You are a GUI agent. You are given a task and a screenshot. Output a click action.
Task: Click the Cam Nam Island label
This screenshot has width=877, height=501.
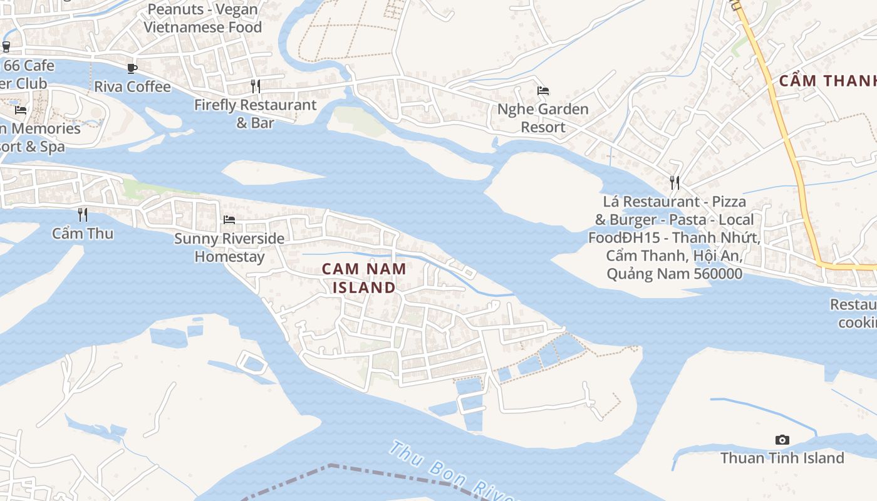click(364, 278)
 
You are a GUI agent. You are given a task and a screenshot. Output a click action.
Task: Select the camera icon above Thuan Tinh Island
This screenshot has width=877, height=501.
click(782, 440)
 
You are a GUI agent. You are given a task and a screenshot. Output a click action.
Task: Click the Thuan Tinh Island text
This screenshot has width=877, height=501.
click(782, 458)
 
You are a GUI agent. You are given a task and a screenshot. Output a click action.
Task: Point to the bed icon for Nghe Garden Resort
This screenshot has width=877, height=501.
click(543, 91)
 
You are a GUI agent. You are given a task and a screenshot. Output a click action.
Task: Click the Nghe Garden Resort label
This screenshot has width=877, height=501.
click(543, 118)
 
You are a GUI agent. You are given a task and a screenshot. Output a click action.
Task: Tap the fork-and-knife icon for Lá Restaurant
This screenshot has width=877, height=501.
click(675, 183)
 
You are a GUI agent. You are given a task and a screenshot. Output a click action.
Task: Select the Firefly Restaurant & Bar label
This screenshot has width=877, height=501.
click(255, 113)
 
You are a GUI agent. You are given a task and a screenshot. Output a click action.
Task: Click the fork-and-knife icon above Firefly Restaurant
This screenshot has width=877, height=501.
click(255, 86)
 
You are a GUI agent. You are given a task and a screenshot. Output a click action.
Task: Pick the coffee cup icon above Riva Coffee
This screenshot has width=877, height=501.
click(132, 68)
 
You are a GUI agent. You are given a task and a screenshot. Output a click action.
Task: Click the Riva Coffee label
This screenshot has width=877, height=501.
click(132, 86)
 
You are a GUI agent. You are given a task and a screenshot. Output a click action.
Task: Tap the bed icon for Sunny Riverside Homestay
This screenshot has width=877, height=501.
click(229, 220)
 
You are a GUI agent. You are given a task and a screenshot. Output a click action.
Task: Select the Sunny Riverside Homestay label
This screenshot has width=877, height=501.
click(229, 247)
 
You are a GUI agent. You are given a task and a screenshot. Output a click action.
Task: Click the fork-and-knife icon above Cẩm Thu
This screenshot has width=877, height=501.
click(83, 215)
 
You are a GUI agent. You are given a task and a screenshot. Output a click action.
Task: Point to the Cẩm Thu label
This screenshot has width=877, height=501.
click(83, 234)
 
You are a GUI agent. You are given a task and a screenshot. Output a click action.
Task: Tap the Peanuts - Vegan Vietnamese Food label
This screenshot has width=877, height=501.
click(202, 19)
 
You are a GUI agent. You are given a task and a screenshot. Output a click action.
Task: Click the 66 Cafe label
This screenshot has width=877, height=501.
click(29, 66)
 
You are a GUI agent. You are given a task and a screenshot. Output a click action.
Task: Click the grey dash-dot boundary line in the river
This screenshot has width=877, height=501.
click(376, 471)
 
